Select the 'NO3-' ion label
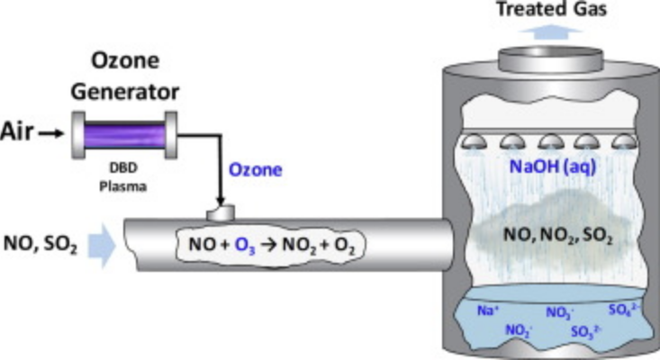tap(559, 313)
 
